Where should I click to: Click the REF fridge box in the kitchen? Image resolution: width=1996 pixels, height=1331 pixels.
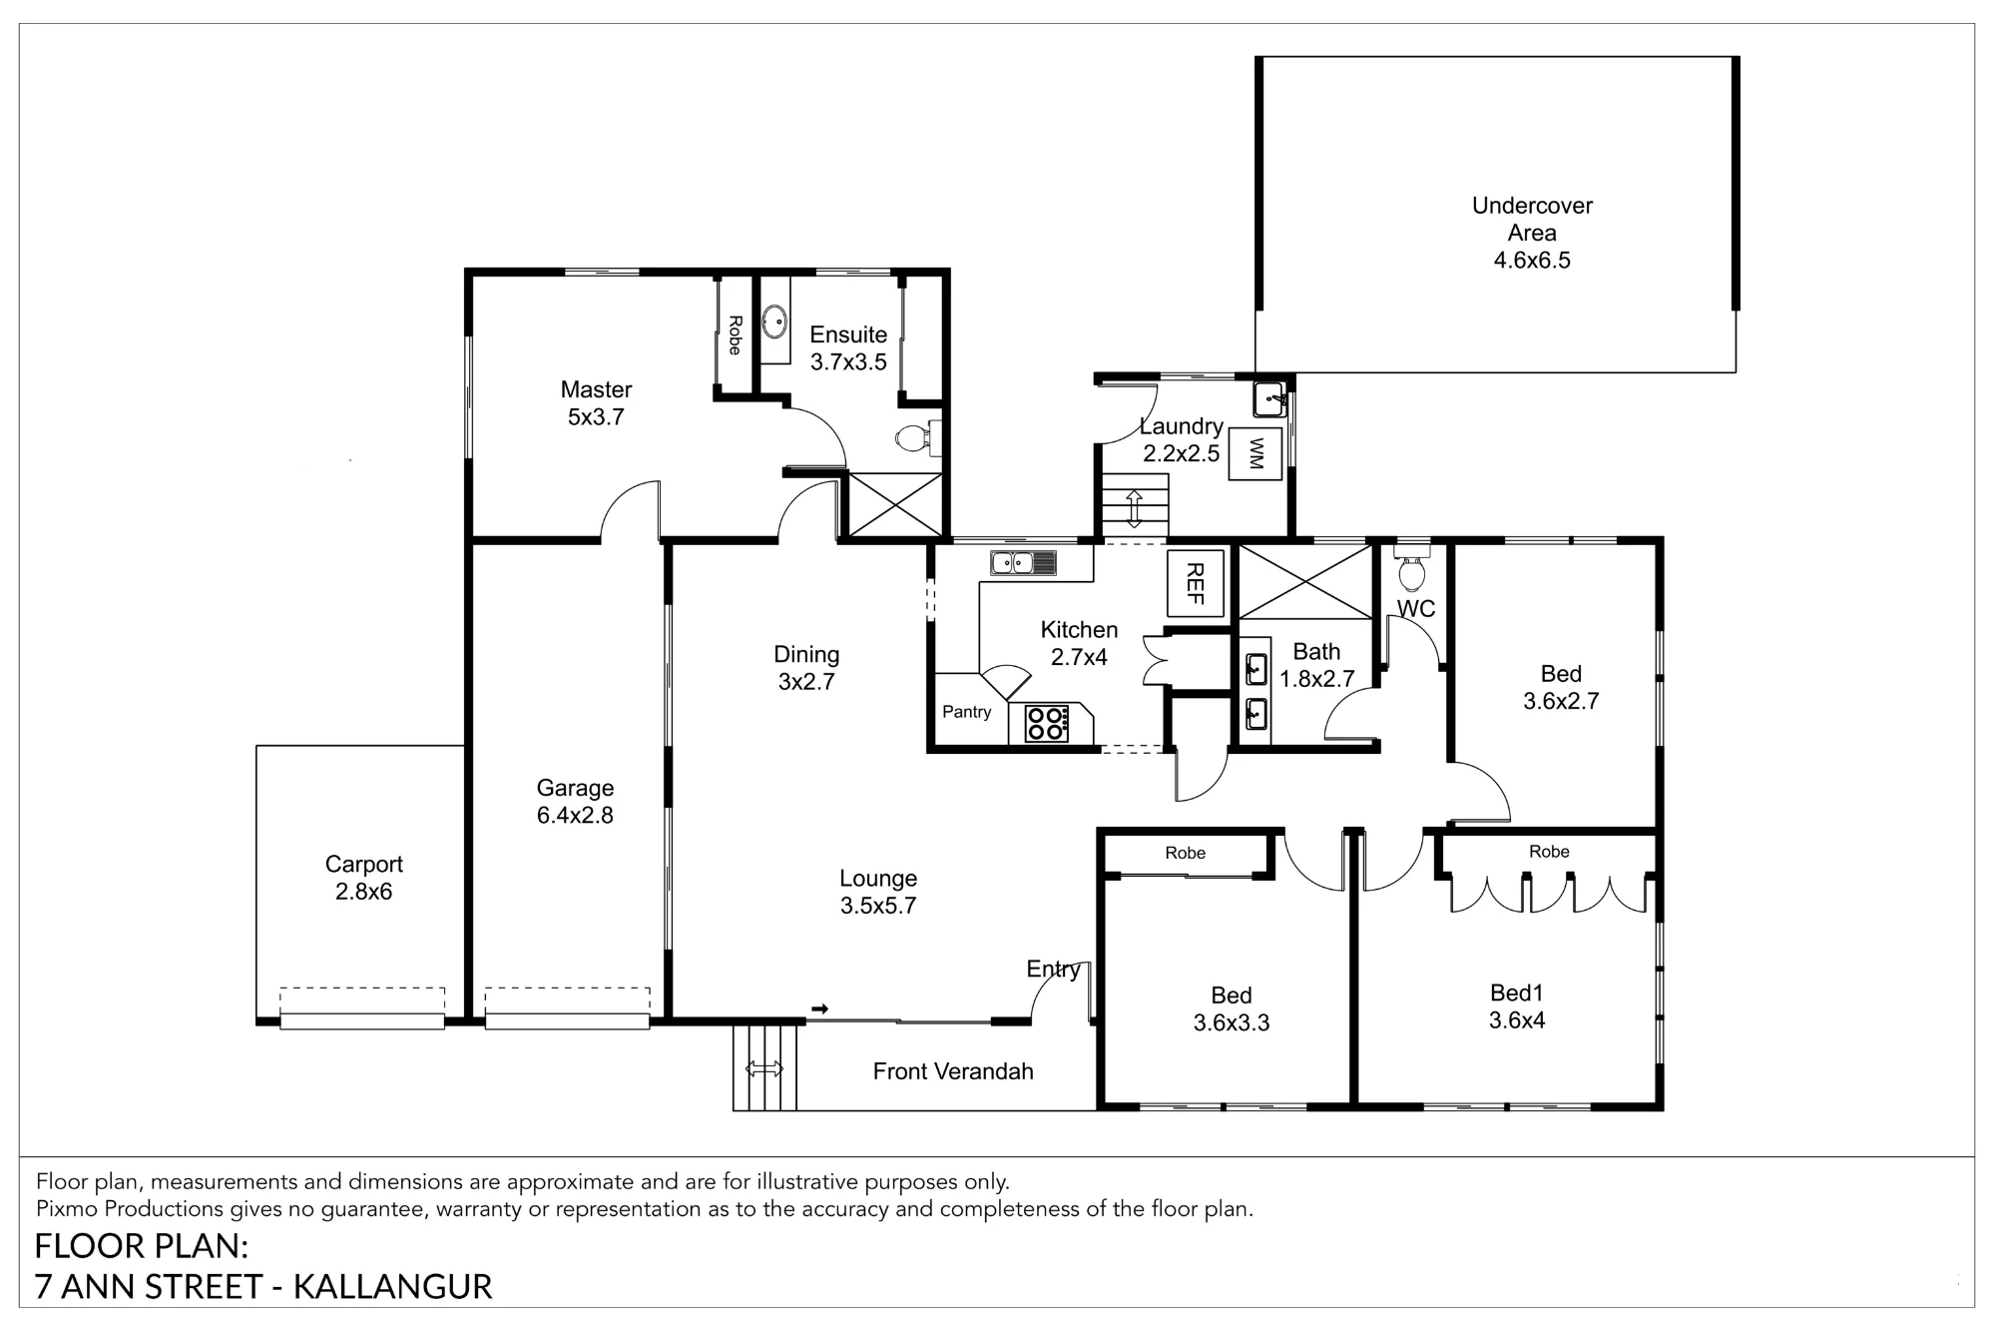click(1196, 583)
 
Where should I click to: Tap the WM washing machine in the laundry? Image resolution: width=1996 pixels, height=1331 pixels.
click(1255, 453)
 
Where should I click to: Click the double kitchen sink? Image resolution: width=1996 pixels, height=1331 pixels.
click(1023, 563)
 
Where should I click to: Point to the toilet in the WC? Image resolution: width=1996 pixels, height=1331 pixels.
click(1411, 569)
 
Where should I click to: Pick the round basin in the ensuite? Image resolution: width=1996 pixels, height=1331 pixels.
click(774, 322)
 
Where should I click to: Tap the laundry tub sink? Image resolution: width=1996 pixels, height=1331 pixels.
click(1270, 399)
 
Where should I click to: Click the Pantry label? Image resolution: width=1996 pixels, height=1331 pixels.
click(967, 712)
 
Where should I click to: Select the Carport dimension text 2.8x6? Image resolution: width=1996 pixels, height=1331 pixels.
click(363, 892)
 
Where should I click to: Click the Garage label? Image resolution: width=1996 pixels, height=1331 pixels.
click(575, 788)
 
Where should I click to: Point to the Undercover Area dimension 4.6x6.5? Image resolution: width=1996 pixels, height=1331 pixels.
click(1532, 261)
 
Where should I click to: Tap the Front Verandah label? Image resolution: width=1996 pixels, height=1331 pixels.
click(953, 1071)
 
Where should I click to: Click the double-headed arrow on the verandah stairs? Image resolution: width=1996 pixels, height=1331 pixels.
click(764, 1069)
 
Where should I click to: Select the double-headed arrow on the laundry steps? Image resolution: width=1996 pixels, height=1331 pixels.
click(1135, 508)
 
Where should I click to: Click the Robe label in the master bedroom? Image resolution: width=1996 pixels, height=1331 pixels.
click(735, 335)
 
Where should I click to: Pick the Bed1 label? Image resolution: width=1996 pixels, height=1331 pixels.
click(1517, 993)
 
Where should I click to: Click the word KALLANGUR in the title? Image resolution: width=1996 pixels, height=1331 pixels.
click(393, 1287)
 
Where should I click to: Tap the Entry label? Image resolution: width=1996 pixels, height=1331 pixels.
click(1054, 969)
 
